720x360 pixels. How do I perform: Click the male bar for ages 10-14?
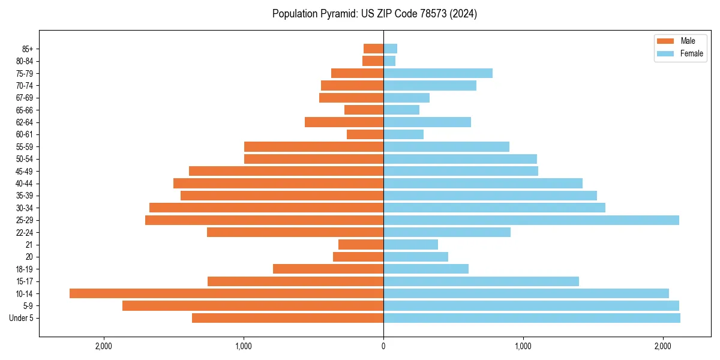[x=226, y=293]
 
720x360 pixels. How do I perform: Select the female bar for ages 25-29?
[x=531, y=220]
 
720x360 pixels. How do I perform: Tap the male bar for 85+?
[x=373, y=49]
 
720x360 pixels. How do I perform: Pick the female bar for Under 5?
[x=532, y=318]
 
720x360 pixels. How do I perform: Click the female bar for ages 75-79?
[x=438, y=73]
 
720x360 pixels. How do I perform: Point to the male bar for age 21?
[x=361, y=245]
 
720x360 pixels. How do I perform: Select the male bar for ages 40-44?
[x=278, y=183]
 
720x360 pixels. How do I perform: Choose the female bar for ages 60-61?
[x=403, y=134]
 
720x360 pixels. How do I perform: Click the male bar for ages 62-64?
[x=344, y=122]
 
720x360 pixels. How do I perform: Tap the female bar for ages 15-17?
[x=481, y=281]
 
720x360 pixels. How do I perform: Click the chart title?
[x=374, y=14]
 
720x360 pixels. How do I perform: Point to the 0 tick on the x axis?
[x=383, y=346]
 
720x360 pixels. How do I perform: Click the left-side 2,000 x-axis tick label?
[x=104, y=346]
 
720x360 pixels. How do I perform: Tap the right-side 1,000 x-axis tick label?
[x=523, y=346]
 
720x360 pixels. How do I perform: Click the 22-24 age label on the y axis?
[x=25, y=233]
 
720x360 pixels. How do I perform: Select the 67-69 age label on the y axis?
[x=25, y=98]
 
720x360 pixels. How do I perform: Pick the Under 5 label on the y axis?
[x=22, y=318]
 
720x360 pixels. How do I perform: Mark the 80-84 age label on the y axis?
[x=25, y=61]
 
